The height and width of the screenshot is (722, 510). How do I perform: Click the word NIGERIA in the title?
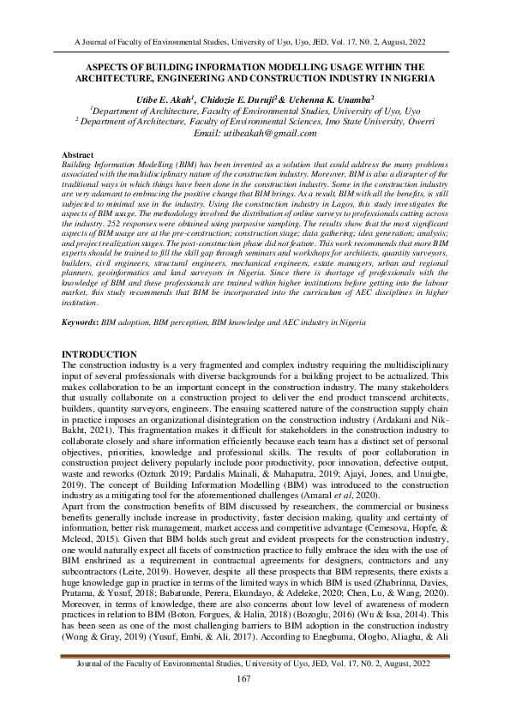point(407,77)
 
